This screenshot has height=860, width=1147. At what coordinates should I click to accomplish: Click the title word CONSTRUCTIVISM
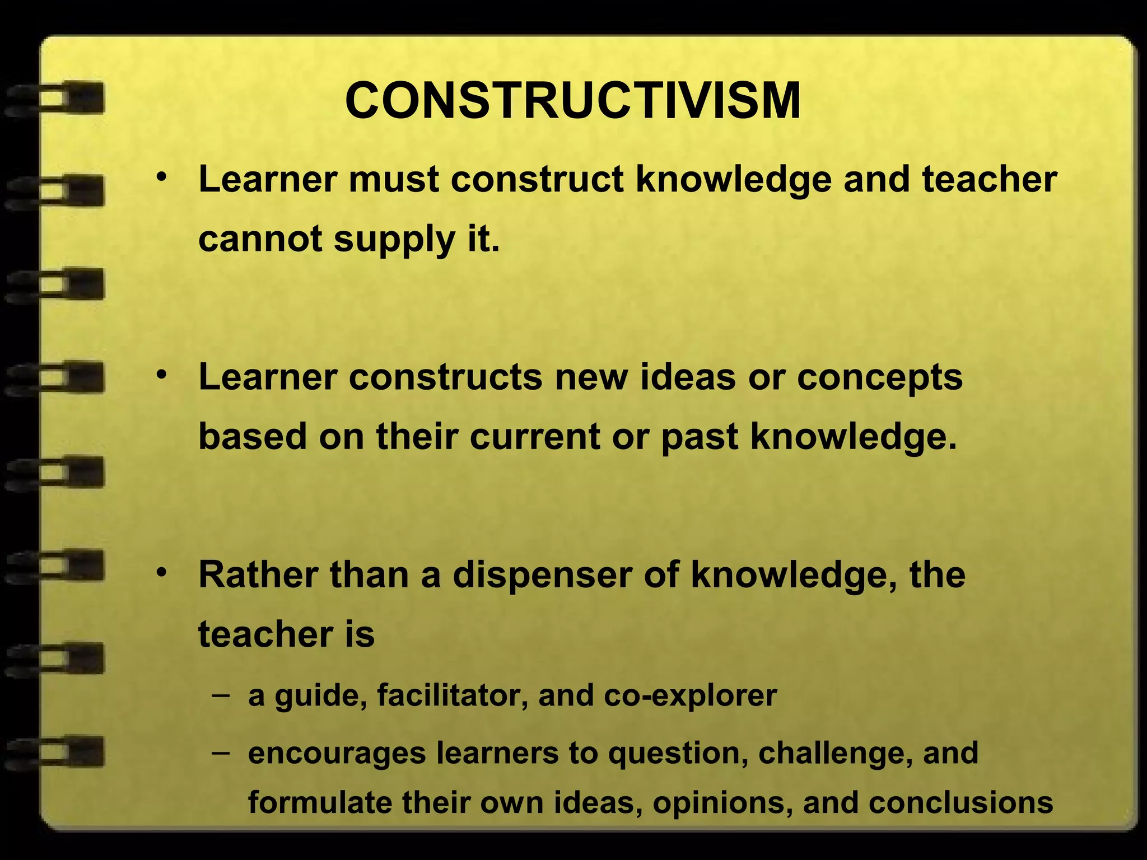point(572,101)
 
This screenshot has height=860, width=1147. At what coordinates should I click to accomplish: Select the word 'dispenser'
point(542,576)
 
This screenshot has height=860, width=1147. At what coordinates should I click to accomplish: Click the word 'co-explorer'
point(690,696)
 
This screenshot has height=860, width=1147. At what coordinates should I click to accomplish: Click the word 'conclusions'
point(961,803)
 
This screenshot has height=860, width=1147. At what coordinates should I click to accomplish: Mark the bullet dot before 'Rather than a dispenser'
point(162,572)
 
